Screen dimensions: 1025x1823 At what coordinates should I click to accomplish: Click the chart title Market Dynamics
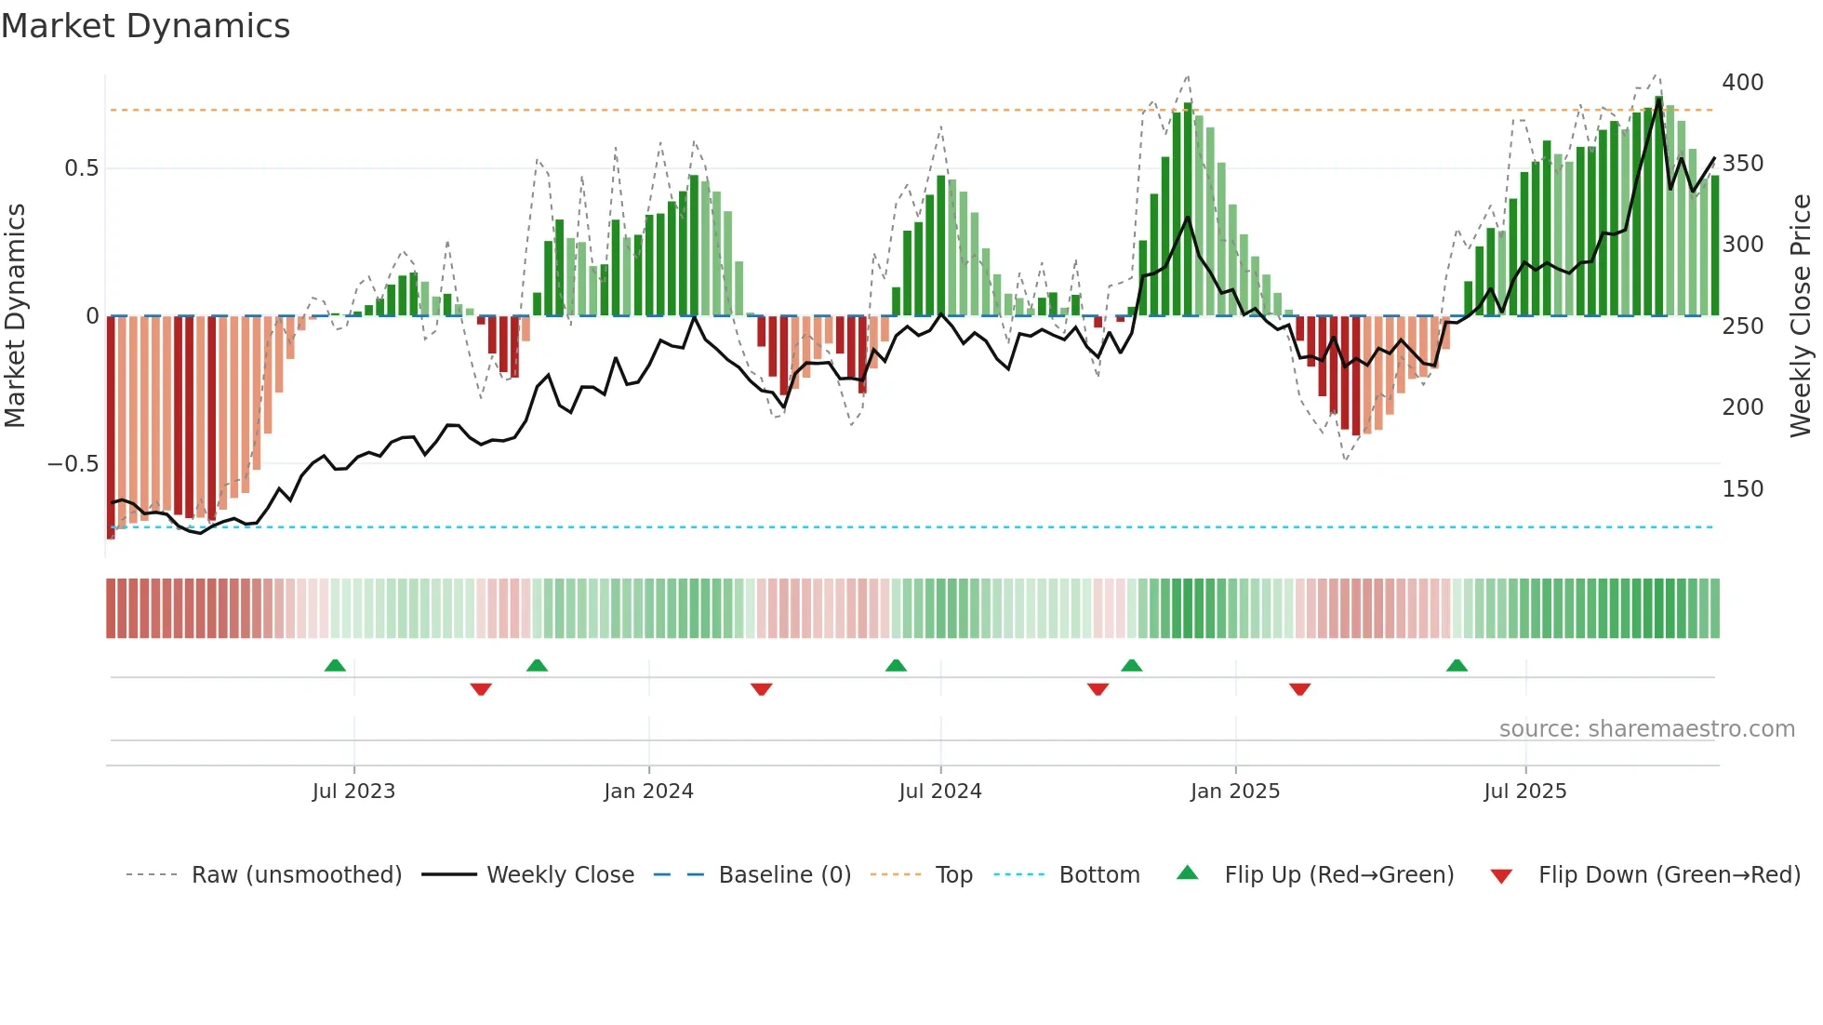click(x=145, y=26)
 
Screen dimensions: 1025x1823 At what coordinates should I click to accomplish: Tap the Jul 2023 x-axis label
click(x=353, y=792)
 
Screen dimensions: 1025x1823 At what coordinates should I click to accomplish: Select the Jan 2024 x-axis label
click(x=648, y=792)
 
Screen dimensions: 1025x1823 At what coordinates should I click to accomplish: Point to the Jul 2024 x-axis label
click(x=939, y=792)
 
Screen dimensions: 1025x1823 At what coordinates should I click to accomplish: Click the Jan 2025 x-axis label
click(x=1234, y=792)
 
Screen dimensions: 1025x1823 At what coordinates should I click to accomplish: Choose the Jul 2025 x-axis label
click(x=1524, y=792)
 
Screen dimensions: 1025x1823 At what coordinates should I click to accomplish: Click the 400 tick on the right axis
click(x=1742, y=83)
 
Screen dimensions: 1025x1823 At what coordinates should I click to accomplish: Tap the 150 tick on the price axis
click(x=1742, y=489)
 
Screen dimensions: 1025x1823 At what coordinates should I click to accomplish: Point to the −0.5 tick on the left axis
click(x=73, y=464)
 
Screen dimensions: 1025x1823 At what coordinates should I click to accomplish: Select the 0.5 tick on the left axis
click(x=81, y=168)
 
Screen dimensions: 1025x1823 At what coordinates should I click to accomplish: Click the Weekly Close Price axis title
click(x=1801, y=316)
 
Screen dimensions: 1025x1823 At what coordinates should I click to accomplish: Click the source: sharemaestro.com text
click(x=1646, y=729)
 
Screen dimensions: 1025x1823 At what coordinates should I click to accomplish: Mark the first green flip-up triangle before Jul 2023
click(x=335, y=665)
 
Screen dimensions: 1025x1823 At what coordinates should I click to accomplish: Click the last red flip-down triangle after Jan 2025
click(x=1299, y=689)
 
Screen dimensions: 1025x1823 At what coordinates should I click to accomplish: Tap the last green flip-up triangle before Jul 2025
click(x=1457, y=665)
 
